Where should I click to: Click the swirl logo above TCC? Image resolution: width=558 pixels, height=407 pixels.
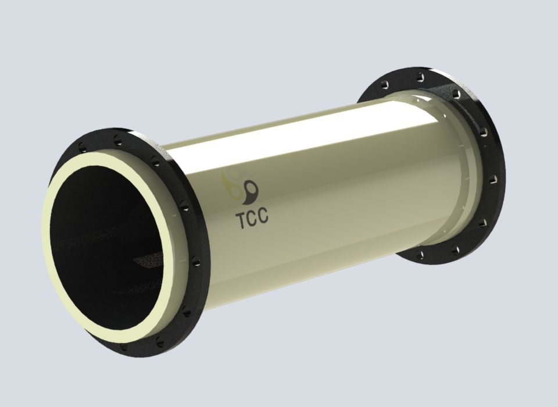(x=240, y=187)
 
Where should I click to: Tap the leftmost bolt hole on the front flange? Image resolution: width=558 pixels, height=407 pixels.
(x=82, y=147)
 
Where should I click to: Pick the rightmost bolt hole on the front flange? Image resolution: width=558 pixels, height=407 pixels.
(x=195, y=263)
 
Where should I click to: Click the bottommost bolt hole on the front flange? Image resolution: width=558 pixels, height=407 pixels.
(x=123, y=347)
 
